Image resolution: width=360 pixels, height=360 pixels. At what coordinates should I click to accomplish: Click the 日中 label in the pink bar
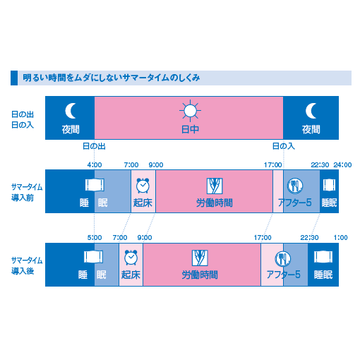point(188,130)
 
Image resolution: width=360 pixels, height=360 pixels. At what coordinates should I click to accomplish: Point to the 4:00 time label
point(94,164)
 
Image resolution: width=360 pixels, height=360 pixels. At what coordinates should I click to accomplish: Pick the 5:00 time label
point(94,237)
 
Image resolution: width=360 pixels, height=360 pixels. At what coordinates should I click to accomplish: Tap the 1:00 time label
point(341,237)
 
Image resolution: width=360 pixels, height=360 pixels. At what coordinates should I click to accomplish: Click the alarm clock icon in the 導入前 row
point(143,184)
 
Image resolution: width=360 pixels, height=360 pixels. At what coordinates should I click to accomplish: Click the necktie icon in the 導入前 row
point(213,184)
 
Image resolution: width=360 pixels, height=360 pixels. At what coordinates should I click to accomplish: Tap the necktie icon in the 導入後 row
point(198,256)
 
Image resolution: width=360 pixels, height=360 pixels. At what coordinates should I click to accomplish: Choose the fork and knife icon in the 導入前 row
point(294,184)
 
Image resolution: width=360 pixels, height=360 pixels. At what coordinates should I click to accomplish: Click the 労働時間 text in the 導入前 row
point(213,203)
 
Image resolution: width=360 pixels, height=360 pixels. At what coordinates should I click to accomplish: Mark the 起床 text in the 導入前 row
point(143,203)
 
